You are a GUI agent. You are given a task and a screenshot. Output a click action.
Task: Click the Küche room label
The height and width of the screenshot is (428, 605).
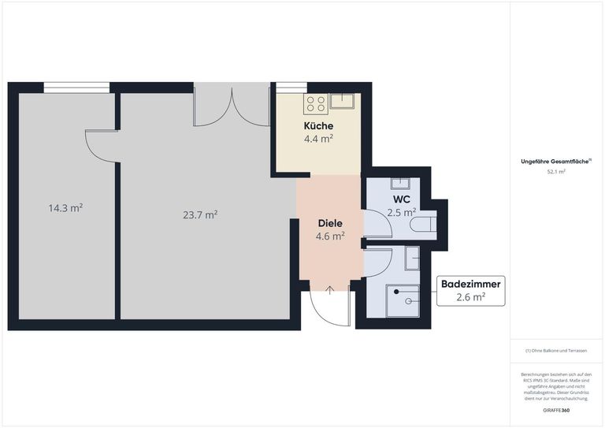pyautogui.click(x=318, y=126)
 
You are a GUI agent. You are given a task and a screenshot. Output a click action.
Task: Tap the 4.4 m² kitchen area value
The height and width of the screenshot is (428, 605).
pyautogui.click(x=318, y=139)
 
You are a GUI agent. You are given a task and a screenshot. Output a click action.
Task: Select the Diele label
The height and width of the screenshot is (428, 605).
pyautogui.click(x=330, y=223)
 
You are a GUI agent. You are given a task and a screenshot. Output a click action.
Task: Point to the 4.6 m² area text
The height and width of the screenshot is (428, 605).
pyautogui.click(x=330, y=236)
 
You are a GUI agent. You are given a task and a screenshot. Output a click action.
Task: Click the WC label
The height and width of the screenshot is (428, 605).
pyautogui.click(x=401, y=199)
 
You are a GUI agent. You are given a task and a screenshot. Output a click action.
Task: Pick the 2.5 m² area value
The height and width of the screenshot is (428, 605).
pyautogui.click(x=401, y=213)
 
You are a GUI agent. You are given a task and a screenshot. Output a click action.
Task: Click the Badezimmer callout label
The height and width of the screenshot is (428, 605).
pyautogui.click(x=471, y=284)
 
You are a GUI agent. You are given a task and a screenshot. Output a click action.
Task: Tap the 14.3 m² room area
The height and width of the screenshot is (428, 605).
pyautogui.click(x=65, y=208)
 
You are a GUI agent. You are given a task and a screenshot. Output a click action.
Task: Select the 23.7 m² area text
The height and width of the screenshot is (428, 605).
pyautogui.click(x=200, y=214)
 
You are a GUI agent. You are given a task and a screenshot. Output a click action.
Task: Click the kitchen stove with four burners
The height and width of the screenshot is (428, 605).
pyautogui.click(x=316, y=104)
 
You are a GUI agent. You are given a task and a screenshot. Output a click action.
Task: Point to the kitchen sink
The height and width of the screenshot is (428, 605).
pyautogui.click(x=342, y=101)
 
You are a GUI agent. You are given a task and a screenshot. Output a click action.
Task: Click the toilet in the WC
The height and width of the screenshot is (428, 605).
pyautogui.click(x=423, y=225)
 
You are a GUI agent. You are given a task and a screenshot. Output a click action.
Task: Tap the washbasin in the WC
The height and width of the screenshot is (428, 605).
pyautogui.click(x=400, y=184)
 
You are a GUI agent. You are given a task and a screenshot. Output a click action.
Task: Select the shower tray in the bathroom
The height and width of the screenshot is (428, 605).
pyautogui.click(x=403, y=301)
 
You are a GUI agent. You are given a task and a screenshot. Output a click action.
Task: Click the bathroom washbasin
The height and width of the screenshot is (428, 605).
pyautogui.click(x=412, y=259)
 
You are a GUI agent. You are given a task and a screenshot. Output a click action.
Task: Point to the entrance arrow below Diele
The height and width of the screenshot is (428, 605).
pyautogui.click(x=329, y=290)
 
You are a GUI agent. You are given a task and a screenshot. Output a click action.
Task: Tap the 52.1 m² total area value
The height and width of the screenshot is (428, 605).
pyautogui.click(x=556, y=172)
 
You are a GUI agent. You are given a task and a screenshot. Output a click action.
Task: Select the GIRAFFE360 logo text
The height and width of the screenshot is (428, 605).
pyautogui.click(x=556, y=410)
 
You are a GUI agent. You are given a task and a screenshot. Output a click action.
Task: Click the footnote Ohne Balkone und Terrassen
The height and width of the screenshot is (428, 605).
pyautogui.click(x=556, y=351)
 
